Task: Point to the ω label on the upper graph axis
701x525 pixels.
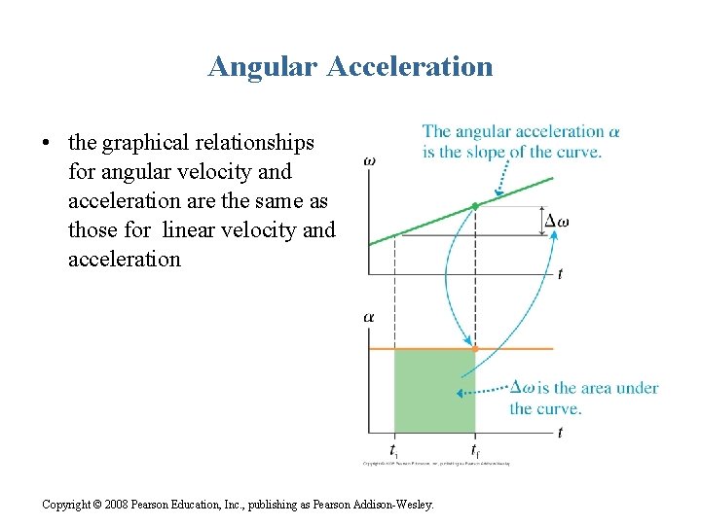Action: click(x=370, y=160)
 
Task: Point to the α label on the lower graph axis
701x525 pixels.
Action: click(x=369, y=316)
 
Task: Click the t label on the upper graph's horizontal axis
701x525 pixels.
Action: click(x=560, y=274)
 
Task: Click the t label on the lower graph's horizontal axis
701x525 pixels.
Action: click(x=560, y=433)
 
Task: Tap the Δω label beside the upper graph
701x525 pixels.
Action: click(x=556, y=221)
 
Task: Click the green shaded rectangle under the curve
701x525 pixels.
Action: click(x=434, y=390)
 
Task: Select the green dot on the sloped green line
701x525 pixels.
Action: click(x=475, y=206)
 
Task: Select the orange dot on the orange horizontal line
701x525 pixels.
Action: click(x=475, y=347)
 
